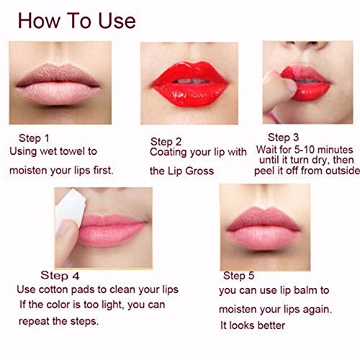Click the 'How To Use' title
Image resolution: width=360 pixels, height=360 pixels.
(77, 21)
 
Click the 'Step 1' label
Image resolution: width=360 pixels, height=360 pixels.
(34, 138)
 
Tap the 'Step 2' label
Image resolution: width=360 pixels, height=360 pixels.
(166, 142)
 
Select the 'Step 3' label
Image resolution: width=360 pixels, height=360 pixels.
(283, 138)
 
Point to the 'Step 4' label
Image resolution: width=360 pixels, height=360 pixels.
(60, 275)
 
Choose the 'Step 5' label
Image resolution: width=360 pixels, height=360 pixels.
(238, 276)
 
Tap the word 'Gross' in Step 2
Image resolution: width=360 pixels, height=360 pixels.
(199, 171)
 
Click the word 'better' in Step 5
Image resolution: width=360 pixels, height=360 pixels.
(271, 325)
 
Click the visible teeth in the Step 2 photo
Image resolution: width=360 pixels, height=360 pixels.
(191, 81)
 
